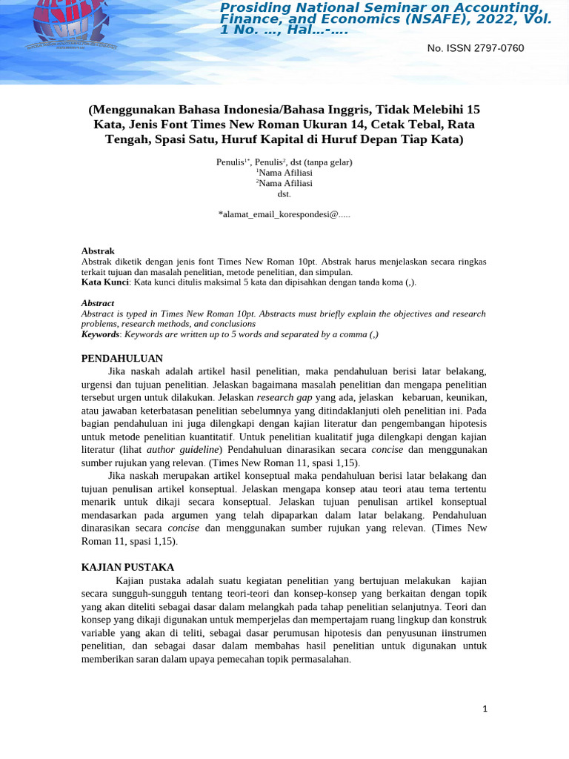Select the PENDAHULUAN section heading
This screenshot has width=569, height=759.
[x=122, y=358]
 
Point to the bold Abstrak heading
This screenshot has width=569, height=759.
[x=98, y=251]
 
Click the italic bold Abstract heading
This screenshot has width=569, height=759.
[x=98, y=303]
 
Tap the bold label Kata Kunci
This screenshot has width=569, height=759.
[x=105, y=282]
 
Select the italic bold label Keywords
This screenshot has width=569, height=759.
[x=100, y=334]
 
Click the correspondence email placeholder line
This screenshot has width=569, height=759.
[x=284, y=214]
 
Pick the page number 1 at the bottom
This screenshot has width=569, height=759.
[x=485, y=709]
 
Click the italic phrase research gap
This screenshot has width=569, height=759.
[x=284, y=397]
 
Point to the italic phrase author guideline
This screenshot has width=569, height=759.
[x=182, y=449]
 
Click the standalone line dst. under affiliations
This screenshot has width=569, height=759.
[x=284, y=193]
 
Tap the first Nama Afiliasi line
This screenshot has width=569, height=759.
[x=284, y=172]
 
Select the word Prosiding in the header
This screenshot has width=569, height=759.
[x=260, y=7]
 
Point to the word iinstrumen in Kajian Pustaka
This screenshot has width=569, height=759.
[x=461, y=633]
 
